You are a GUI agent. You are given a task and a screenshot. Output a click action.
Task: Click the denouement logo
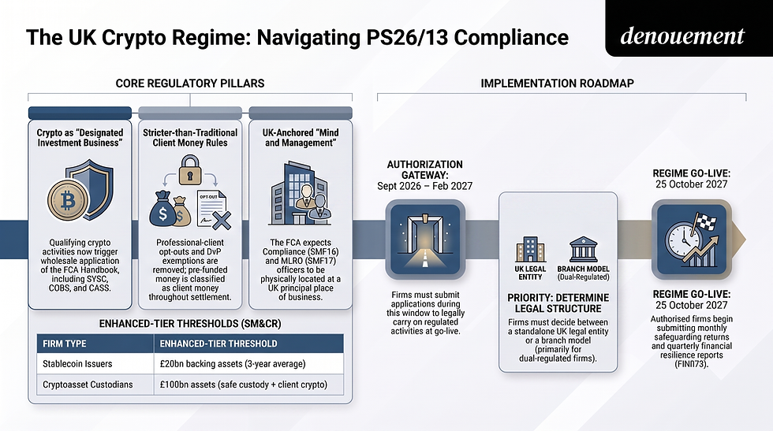point(682,36)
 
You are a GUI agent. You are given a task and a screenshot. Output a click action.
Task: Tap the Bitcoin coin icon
point(68,200)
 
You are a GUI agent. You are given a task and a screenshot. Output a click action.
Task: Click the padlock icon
point(190,170)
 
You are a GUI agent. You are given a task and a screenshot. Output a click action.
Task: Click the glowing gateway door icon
point(425,240)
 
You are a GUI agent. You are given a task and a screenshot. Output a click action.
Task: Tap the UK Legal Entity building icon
point(530,249)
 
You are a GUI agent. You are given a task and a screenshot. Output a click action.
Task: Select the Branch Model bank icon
point(583,249)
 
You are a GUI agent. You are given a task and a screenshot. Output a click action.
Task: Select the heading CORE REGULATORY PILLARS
point(190,84)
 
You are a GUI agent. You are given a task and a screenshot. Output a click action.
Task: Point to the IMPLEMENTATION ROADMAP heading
point(557,84)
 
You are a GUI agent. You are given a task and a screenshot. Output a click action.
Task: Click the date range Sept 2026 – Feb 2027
point(425,186)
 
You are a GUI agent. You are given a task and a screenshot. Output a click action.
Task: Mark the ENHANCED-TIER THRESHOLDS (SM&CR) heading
point(190,324)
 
